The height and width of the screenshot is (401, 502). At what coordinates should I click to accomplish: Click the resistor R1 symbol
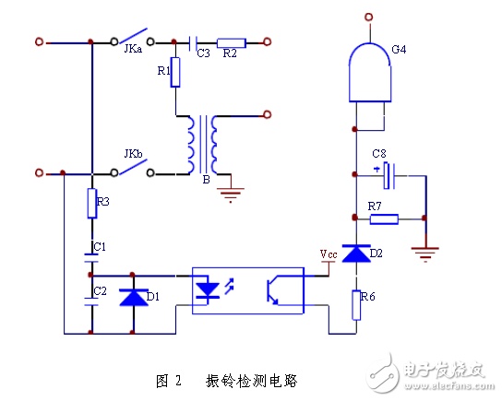pos(175,72)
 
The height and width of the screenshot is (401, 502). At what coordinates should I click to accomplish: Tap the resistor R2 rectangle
pos(231,42)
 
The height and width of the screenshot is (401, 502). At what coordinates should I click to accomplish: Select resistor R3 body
pos(92,204)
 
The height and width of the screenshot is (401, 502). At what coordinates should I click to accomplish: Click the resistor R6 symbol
pos(356,305)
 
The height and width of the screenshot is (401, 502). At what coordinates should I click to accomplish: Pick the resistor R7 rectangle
pos(384,219)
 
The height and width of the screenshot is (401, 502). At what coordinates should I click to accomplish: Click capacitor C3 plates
pos(193,43)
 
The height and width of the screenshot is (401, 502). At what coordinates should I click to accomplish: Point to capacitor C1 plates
pos(91,258)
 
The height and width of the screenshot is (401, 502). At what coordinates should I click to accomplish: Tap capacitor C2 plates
pos(91,301)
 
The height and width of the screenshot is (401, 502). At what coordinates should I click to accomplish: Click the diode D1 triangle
pos(134,297)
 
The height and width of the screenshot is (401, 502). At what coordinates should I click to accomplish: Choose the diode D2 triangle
pos(356,254)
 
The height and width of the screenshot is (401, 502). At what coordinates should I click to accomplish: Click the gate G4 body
pos(370,73)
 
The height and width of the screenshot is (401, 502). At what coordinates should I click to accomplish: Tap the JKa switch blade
pos(133,35)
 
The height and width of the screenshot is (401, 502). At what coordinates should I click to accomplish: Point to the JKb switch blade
pos(133,167)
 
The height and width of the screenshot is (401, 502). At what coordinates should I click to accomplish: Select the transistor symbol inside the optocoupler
pos(272,290)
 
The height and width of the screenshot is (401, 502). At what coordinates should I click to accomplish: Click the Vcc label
pos(329,254)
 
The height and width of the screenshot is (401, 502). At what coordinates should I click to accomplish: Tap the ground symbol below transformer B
pos(231,195)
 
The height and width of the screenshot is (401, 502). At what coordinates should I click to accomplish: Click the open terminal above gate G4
pos(369,17)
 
